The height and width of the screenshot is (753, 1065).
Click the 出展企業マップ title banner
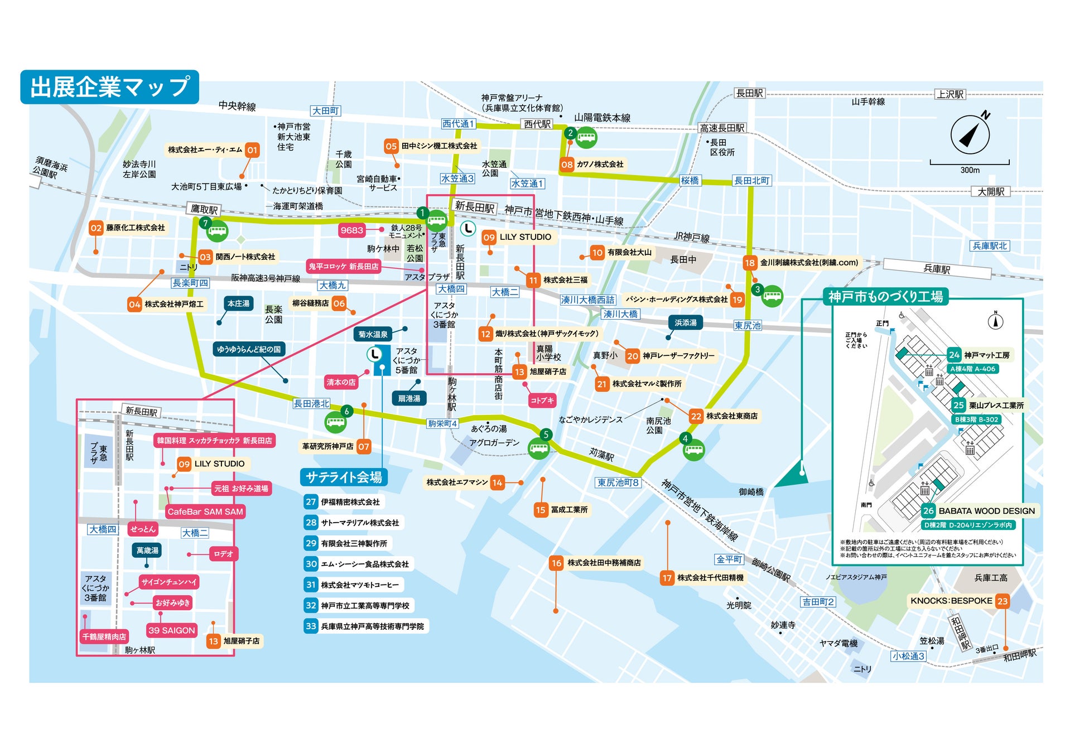(109, 87)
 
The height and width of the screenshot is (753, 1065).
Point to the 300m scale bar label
(970, 170)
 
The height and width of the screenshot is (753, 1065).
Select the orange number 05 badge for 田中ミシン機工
(391, 146)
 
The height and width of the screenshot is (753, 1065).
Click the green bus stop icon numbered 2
(586, 137)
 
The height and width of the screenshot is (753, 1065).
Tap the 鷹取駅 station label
(204, 209)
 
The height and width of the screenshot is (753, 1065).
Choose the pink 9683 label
(351, 230)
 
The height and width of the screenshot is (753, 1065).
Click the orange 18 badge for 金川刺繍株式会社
(749, 263)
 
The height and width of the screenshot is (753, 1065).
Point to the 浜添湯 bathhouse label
(685, 322)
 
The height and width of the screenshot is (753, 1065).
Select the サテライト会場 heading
(344, 477)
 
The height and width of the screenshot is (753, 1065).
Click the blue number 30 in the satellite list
(311, 564)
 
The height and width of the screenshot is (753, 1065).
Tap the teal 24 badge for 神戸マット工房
(954, 355)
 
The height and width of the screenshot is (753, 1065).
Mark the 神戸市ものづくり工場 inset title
(885, 297)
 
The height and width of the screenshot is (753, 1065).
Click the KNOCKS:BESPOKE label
(951, 601)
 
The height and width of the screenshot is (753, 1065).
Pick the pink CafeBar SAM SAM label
(205, 511)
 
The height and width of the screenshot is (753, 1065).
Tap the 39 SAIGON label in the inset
(171, 630)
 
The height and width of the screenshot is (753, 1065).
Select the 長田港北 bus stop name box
(311, 403)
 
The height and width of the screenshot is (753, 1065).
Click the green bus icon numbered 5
(539, 448)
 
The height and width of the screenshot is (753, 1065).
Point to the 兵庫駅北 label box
(990, 245)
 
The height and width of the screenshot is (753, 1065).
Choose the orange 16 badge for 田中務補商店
(556, 563)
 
